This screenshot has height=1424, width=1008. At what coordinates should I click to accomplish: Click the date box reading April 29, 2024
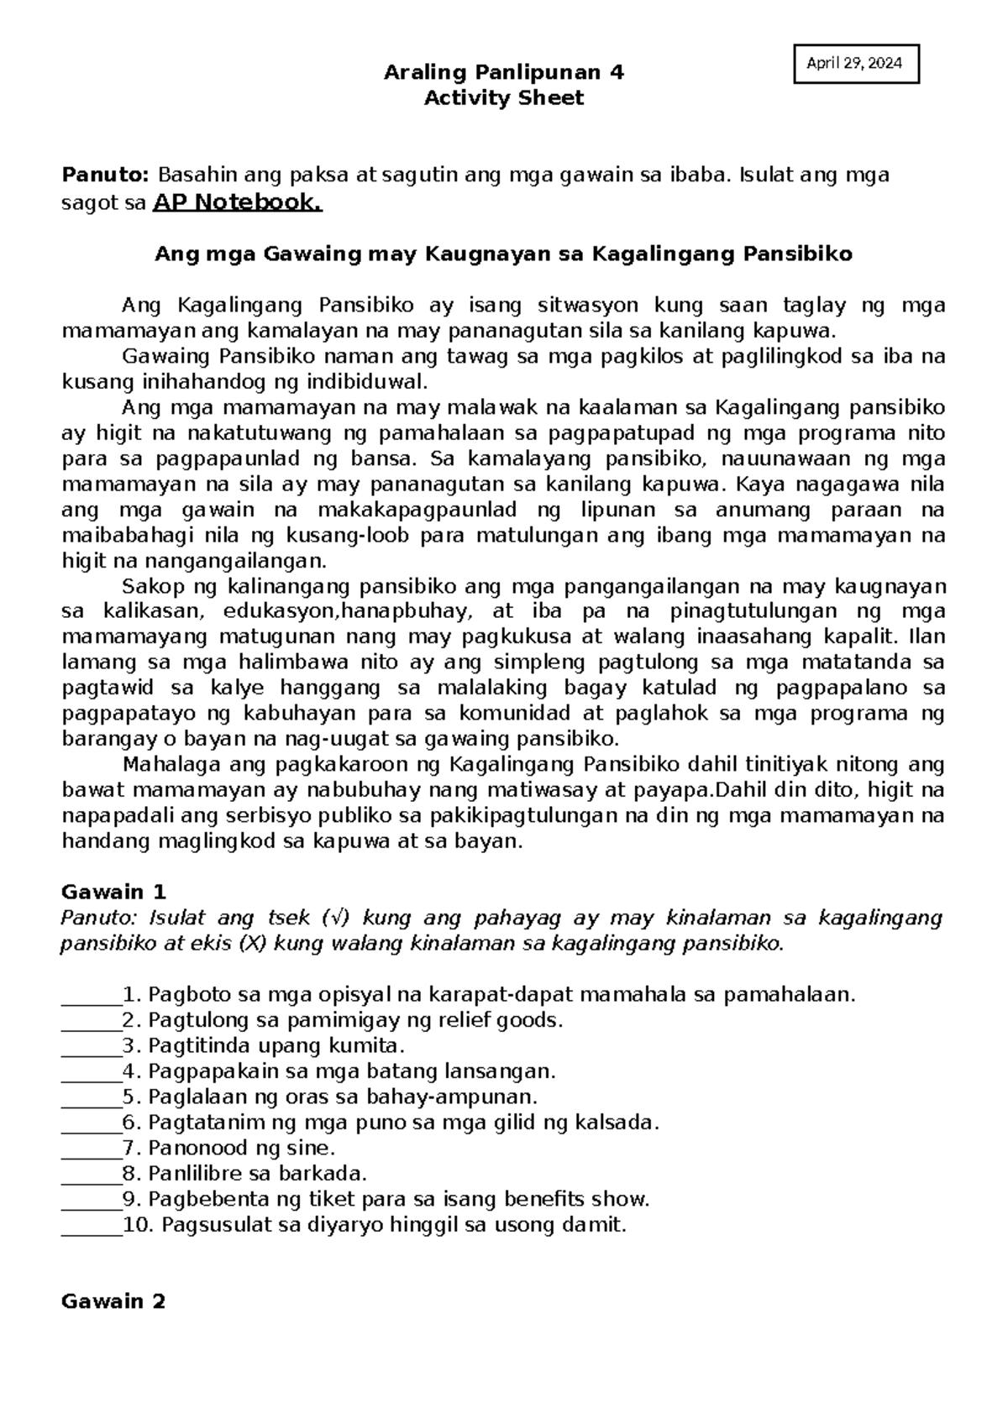(x=856, y=64)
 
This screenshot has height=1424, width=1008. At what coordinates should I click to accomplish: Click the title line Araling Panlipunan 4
(x=503, y=72)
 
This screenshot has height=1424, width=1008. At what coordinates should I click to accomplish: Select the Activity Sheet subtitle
(x=503, y=98)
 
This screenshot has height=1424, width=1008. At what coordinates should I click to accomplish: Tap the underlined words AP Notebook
(x=237, y=202)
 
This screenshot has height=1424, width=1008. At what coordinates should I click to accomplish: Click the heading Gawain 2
(x=113, y=1301)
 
